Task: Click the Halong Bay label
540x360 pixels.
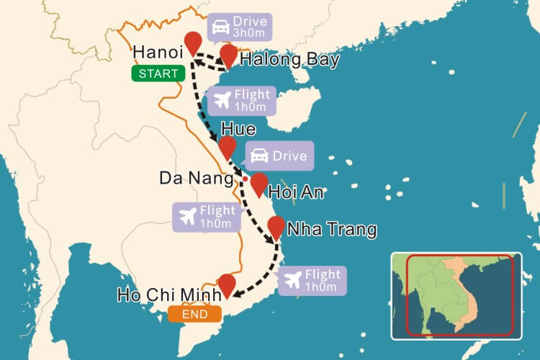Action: [x=289, y=59]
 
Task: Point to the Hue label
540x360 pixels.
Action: [x=239, y=130]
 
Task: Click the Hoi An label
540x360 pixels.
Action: [x=297, y=192]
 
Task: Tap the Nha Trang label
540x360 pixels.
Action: [x=331, y=230]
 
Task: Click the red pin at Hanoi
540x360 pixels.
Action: [x=192, y=42]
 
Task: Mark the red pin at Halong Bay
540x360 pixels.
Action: [x=229, y=54]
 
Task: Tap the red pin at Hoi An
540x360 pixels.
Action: [x=258, y=183]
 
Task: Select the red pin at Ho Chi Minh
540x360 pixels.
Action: [x=227, y=284]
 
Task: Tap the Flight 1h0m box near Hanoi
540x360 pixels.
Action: [x=241, y=101]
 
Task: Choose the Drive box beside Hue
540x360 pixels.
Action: [x=279, y=156]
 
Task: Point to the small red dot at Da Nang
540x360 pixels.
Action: [x=245, y=179]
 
